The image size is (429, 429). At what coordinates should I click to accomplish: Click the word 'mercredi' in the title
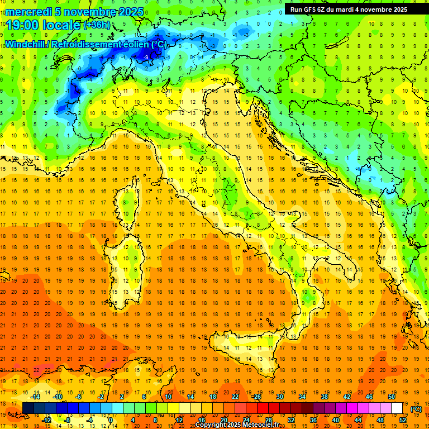pyautogui.click(x=29, y=11)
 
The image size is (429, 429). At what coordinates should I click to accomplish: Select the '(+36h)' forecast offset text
pyautogui.click(x=96, y=25)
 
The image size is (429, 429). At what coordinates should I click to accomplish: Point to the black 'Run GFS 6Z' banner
pyautogui.click(x=349, y=9)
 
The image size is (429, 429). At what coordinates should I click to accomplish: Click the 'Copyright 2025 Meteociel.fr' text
pyautogui.click(x=241, y=425)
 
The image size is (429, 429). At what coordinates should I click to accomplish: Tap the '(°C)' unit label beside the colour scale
pyautogui.click(x=416, y=408)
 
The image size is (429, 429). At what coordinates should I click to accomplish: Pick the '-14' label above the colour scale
pyautogui.click(x=35, y=397)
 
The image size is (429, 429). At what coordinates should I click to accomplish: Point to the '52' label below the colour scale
pyautogui.click(x=403, y=420)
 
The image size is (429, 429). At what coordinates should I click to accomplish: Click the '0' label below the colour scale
pyautogui.click(x=110, y=420)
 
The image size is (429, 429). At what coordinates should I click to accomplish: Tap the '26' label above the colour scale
pyautogui.click(x=258, y=397)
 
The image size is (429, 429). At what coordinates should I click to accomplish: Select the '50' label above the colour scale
pyautogui.click(x=392, y=397)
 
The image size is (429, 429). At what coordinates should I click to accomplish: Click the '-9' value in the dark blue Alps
pyautogui.click(x=146, y=58)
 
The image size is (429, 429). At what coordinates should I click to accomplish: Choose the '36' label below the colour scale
pyautogui.click(x=313, y=420)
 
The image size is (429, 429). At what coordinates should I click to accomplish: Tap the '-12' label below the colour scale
pyautogui.click(x=46, y=420)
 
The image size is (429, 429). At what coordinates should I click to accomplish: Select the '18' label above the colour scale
pyautogui.click(x=213, y=397)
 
